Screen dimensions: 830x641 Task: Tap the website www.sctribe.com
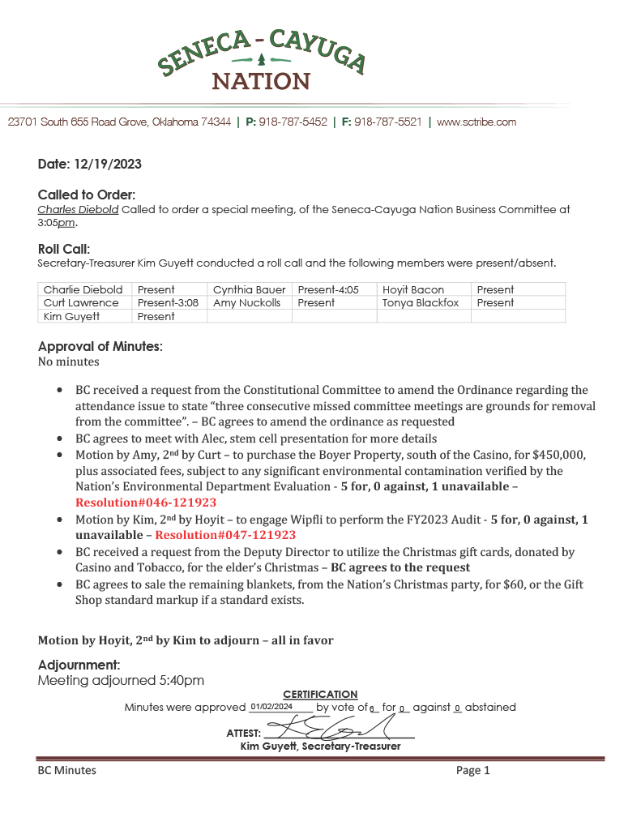tap(476, 122)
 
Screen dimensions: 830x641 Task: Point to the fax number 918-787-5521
tap(388, 122)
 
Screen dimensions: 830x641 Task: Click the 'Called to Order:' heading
tap(87, 195)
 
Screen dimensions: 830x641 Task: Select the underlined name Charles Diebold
tap(79, 209)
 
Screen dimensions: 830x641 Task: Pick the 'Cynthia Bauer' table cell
tap(249, 289)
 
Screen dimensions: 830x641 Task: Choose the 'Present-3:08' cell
tap(168, 302)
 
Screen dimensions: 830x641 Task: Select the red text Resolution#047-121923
tap(225, 535)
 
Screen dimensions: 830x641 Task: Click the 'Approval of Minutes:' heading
tap(100, 346)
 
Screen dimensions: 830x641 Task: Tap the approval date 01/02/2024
tap(271, 707)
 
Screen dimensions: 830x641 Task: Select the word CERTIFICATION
tap(320, 695)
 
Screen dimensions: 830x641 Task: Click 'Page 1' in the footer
tap(473, 770)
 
